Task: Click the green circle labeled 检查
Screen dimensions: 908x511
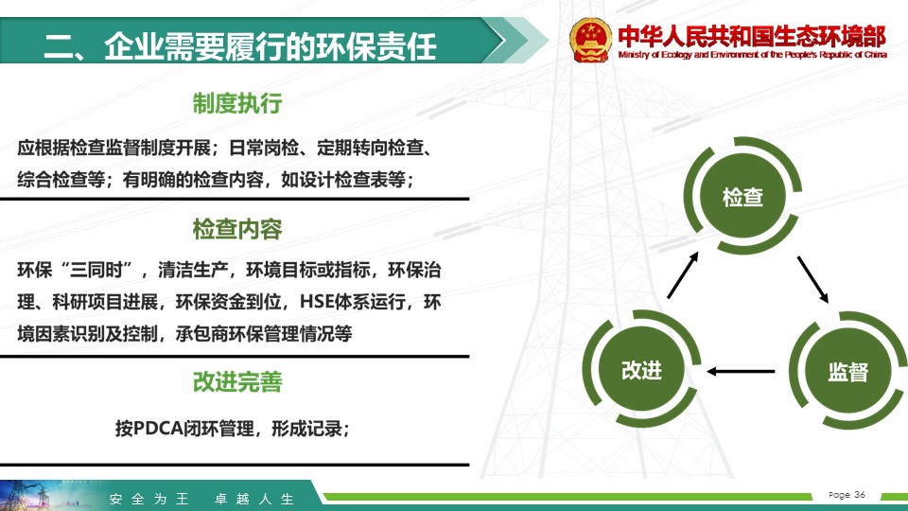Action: tap(743, 196)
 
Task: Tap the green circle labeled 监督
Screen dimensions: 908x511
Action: tap(848, 371)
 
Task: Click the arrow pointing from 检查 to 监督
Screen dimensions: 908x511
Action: tap(813, 280)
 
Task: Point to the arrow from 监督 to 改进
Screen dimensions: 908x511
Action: tap(741, 371)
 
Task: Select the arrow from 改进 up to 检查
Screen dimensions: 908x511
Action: tap(683, 274)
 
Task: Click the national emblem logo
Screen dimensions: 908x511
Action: tap(589, 40)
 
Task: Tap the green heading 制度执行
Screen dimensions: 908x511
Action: tap(237, 103)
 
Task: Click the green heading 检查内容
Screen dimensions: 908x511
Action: tap(237, 229)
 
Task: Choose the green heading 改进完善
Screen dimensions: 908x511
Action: tap(237, 381)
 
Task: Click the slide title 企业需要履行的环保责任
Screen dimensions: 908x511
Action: tap(271, 46)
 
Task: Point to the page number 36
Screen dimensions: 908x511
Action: tap(860, 494)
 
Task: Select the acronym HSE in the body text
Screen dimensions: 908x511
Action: tap(317, 302)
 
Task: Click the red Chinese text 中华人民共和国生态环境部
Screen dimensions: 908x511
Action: tap(752, 36)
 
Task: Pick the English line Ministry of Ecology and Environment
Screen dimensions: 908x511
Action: tap(752, 55)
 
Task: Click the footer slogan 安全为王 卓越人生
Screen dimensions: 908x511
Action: tap(201, 499)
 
